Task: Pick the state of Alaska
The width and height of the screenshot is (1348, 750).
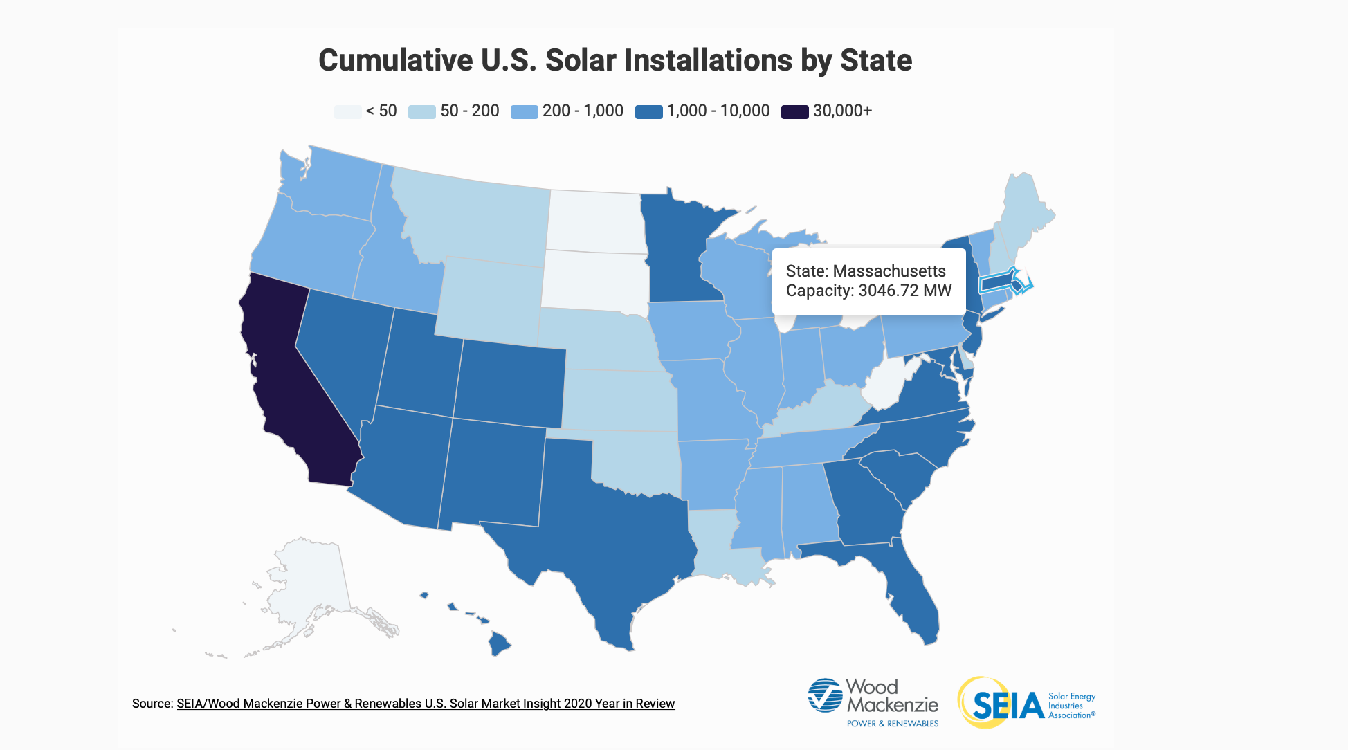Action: point(311,588)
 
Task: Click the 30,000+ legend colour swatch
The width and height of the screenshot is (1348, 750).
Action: point(794,111)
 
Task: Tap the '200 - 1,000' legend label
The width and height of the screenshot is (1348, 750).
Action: point(583,111)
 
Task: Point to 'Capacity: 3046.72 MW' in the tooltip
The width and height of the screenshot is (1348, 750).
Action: point(868,291)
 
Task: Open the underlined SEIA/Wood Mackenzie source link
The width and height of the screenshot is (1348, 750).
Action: point(425,704)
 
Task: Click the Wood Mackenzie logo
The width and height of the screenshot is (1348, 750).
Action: point(873,702)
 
